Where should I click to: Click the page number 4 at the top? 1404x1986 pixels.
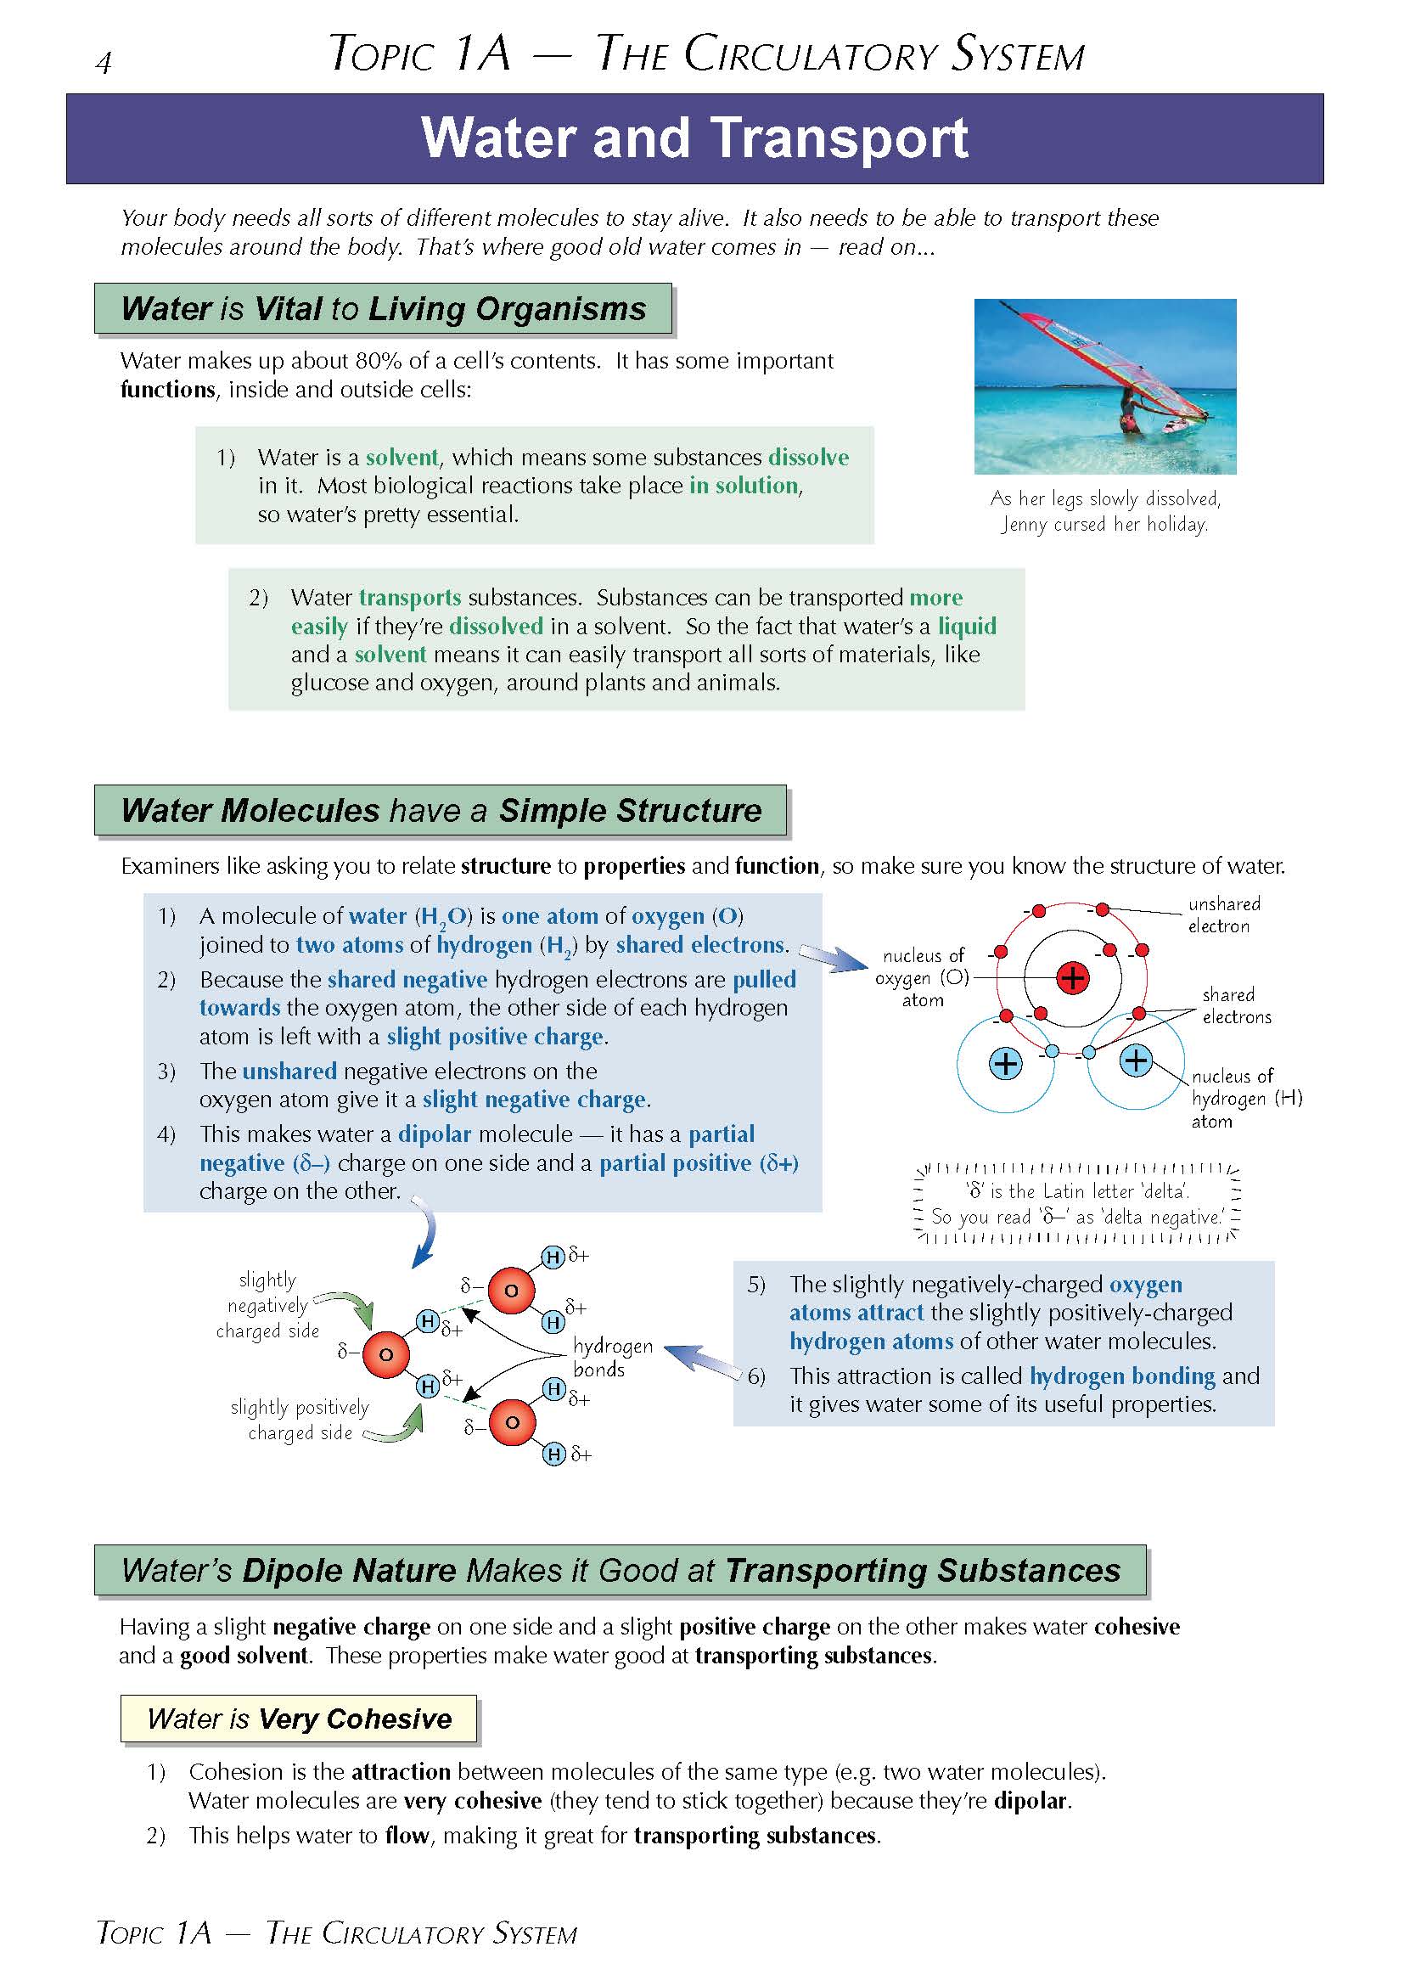click(104, 63)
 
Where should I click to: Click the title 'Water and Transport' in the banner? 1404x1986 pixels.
click(694, 138)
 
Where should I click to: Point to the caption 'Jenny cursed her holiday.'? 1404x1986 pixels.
click(1104, 524)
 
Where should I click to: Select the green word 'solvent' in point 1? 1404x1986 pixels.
click(402, 457)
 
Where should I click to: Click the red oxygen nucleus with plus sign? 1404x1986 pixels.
click(1072, 978)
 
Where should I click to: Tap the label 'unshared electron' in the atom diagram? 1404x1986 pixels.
click(1223, 914)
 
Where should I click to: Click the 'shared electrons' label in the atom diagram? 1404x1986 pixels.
click(1236, 1005)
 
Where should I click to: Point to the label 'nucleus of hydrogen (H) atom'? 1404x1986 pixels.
click(1246, 1099)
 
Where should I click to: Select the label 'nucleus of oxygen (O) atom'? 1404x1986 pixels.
click(922, 977)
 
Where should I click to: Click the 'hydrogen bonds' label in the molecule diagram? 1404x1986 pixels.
click(612, 1357)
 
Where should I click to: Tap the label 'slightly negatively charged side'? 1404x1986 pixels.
click(268, 1305)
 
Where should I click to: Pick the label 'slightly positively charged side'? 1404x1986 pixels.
click(300, 1420)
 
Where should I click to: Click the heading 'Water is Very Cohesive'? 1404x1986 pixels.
click(299, 1718)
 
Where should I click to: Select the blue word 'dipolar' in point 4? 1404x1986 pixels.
click(434, 1134)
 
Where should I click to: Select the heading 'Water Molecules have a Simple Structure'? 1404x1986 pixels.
click(441, 811)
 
